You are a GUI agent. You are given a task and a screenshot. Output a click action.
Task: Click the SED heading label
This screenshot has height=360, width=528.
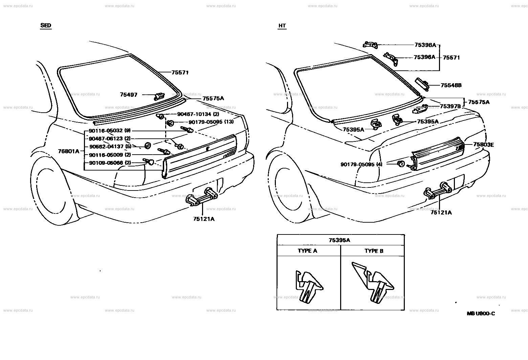46,26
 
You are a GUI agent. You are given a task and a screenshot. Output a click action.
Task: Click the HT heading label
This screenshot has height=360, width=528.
282,26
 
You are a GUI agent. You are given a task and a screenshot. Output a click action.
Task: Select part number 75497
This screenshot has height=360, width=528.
129,95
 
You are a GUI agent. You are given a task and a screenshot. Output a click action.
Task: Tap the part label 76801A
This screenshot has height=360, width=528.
69,151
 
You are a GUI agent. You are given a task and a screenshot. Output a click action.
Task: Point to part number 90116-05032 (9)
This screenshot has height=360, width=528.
110,131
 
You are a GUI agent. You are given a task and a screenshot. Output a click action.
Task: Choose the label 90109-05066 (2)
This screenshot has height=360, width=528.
110,163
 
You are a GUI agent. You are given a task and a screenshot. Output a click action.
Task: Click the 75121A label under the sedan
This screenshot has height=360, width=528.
204,219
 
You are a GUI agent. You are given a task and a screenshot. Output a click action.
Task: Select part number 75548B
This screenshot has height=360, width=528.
451,86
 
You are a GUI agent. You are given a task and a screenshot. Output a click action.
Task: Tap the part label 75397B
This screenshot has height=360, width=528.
450,106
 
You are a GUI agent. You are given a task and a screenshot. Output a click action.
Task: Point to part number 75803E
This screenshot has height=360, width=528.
483,145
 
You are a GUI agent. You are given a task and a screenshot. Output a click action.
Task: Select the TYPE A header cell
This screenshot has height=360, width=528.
307,251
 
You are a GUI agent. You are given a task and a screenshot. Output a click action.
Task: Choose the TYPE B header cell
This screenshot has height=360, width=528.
374,251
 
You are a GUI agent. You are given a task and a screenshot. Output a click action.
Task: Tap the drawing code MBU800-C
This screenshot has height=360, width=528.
481,314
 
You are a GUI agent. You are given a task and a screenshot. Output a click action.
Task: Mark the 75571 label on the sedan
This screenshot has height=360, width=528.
180,73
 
